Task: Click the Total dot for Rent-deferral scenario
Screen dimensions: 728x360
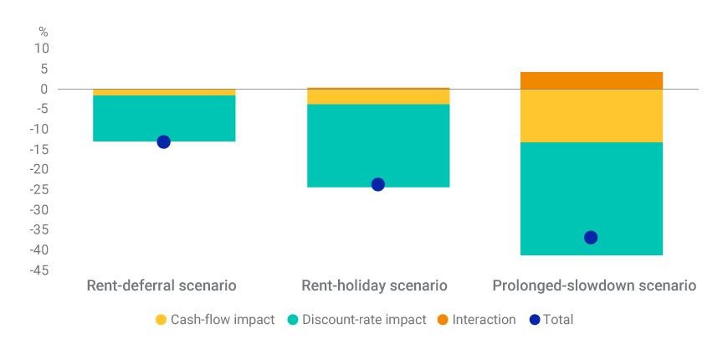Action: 163,141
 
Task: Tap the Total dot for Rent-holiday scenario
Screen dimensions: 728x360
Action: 378,184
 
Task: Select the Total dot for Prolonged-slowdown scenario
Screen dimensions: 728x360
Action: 591,238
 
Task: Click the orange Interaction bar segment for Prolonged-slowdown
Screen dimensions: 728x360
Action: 591,80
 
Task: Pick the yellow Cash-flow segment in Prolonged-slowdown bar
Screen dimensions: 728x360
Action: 591,116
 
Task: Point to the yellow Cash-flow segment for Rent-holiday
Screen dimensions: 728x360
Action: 378,96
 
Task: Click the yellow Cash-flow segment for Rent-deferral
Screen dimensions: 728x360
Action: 164,92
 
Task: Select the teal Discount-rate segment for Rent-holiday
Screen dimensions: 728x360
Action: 378,146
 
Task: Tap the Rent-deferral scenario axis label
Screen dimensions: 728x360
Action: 161,285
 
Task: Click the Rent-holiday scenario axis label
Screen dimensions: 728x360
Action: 374,285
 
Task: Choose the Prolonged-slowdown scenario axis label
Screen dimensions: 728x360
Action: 594,285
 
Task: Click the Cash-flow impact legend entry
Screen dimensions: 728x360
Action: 215,320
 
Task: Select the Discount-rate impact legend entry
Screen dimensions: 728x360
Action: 356,320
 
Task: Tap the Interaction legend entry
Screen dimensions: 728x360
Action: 476,320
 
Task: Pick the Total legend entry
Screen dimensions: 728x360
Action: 551,320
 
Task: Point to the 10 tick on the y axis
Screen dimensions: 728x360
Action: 42,49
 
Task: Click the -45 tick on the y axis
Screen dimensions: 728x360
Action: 38,270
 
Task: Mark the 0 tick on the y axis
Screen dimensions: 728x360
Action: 44,89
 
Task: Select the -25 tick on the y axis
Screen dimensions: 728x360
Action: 38,189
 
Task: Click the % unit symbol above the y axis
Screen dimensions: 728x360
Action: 44,32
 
